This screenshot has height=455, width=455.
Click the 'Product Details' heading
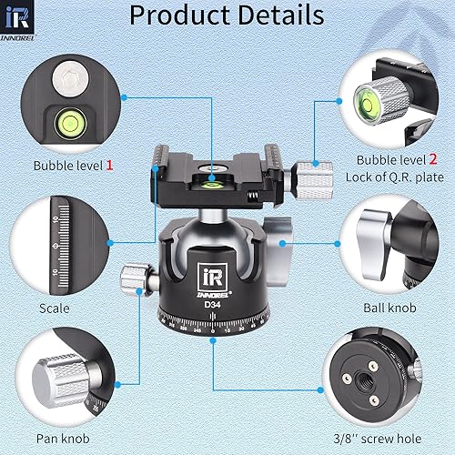pos(227,15)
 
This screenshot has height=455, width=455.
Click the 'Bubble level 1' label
pos(74,166)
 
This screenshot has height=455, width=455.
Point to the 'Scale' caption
pos(55,308)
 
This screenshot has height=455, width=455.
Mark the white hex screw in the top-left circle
pos(68,76)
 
